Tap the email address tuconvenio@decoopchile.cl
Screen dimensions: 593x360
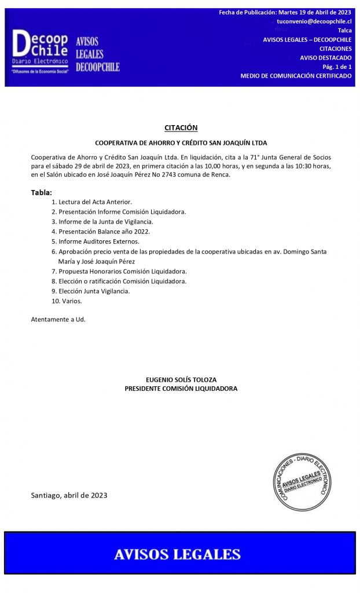point(314,21)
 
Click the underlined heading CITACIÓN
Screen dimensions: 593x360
point(181,127)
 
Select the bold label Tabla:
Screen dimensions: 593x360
point(42,192)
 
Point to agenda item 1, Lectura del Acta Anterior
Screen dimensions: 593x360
point(92,202)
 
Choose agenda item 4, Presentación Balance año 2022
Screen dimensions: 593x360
point(100,232)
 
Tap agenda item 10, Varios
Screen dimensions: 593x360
point(67,301)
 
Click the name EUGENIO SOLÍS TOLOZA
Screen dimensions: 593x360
point(181,379)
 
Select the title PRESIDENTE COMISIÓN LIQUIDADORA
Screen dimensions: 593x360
point(181,389)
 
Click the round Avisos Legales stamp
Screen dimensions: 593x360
point(302,482)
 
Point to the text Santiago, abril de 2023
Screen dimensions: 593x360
point(69,495)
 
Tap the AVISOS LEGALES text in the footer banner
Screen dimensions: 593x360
point(177,554)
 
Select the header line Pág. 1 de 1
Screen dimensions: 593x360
point(337,67)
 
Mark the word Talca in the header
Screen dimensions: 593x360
point(344,30)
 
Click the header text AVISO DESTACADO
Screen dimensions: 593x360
point(326,58)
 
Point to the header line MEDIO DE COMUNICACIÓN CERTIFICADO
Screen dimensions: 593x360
point(296,76)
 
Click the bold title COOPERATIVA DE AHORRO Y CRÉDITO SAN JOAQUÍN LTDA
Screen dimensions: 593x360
point(181,142)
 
